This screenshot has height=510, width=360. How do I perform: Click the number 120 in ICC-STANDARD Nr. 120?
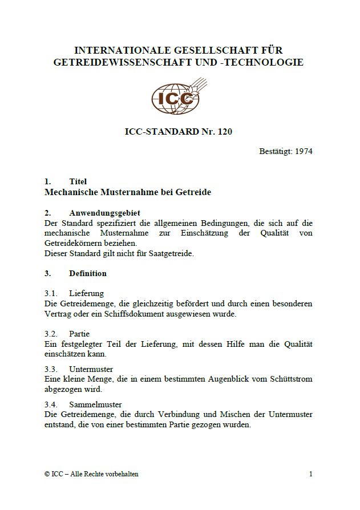[x=225, y=132]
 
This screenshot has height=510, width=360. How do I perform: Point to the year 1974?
[x=304, y=151]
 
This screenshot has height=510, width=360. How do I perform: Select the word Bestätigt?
[x=276, y=151]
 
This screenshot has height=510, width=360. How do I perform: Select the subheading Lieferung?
[x=86, y=293]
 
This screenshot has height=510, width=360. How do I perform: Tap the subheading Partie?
[x=79, y=334]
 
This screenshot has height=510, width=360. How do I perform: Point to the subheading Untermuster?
[x=91, y=369]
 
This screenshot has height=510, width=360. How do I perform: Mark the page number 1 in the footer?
[x=310, y=473]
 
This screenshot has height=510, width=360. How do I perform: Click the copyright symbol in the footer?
[x=47, y=474]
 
